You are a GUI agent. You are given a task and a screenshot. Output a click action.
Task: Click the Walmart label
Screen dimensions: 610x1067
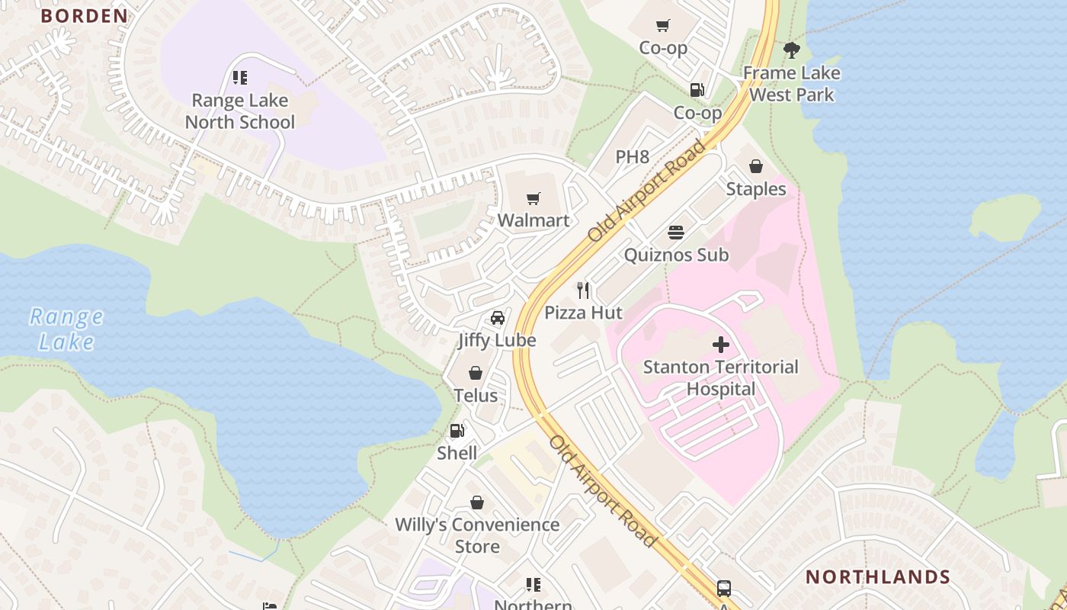(533, 220)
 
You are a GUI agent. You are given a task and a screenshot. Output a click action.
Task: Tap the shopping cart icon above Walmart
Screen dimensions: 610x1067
(533, 199)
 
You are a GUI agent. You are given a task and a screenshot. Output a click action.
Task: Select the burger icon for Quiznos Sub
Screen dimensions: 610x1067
(676, 232)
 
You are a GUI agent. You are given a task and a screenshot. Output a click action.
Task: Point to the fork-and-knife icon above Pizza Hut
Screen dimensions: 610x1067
(584, 290)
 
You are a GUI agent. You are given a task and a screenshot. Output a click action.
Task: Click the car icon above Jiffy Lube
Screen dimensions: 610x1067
(497, 318)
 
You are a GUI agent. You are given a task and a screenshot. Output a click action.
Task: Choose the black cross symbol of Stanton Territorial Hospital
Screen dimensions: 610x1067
(720, 345)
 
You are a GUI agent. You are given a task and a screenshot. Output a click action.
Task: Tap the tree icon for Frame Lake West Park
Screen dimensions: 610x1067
(792, 51)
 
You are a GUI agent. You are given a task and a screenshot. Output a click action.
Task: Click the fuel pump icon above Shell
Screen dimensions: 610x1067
(457, 431)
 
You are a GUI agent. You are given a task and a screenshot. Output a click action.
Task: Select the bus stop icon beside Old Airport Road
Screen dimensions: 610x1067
(723, 589)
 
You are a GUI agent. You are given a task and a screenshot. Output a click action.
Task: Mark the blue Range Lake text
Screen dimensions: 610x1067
(66, 329)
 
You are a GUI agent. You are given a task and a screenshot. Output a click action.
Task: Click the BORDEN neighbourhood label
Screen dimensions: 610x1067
(84, 16)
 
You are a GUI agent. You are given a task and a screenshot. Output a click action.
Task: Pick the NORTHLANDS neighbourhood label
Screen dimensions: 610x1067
(877, 576)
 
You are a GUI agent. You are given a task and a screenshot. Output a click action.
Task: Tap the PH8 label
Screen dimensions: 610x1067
(633, 157)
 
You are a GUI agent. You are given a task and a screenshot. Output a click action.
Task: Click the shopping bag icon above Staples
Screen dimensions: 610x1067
(756, 166)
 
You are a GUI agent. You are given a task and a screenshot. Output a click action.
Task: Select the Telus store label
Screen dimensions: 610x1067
(476, 395)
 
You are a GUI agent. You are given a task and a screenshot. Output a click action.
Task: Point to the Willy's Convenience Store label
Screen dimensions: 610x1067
(477, 535)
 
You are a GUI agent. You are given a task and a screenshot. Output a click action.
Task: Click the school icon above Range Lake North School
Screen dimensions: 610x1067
(240, 78)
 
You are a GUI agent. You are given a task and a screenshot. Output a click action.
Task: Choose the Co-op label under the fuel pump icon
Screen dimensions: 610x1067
(697, 113)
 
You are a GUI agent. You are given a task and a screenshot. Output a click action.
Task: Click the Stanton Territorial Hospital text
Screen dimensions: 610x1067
(720, 377)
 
